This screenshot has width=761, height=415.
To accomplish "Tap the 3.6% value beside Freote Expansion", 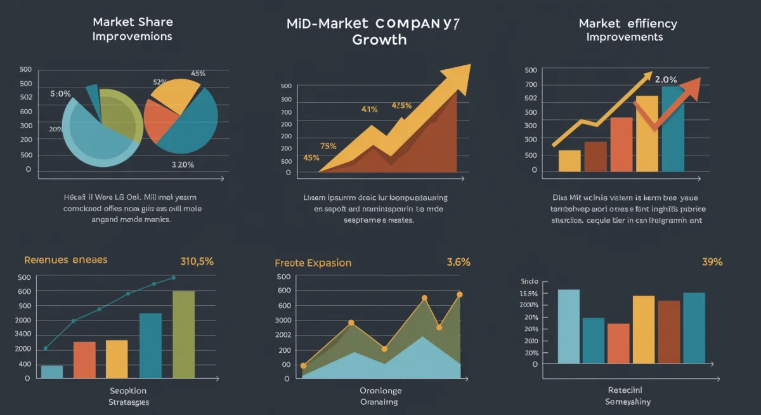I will (458, 262).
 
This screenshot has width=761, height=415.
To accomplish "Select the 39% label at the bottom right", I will (712, 262).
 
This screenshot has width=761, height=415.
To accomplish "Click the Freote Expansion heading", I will (313, 263).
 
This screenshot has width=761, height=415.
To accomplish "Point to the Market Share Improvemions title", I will (132, 29).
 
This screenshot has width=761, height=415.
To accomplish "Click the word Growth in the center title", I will (380, 40).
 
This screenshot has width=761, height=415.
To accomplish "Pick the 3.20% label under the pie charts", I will (183, 164).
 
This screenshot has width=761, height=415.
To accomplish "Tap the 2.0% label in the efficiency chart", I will (665, 80).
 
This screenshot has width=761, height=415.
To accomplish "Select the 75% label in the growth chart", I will (328, 146).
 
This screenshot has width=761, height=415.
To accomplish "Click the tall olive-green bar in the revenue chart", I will (184, 334).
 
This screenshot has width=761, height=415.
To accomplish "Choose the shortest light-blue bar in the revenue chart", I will (52, 371).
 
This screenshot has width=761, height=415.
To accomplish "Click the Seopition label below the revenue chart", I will (128, 390).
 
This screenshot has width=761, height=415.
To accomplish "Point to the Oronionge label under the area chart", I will (380, 390).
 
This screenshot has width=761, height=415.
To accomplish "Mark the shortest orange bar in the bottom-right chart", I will (618, 343).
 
